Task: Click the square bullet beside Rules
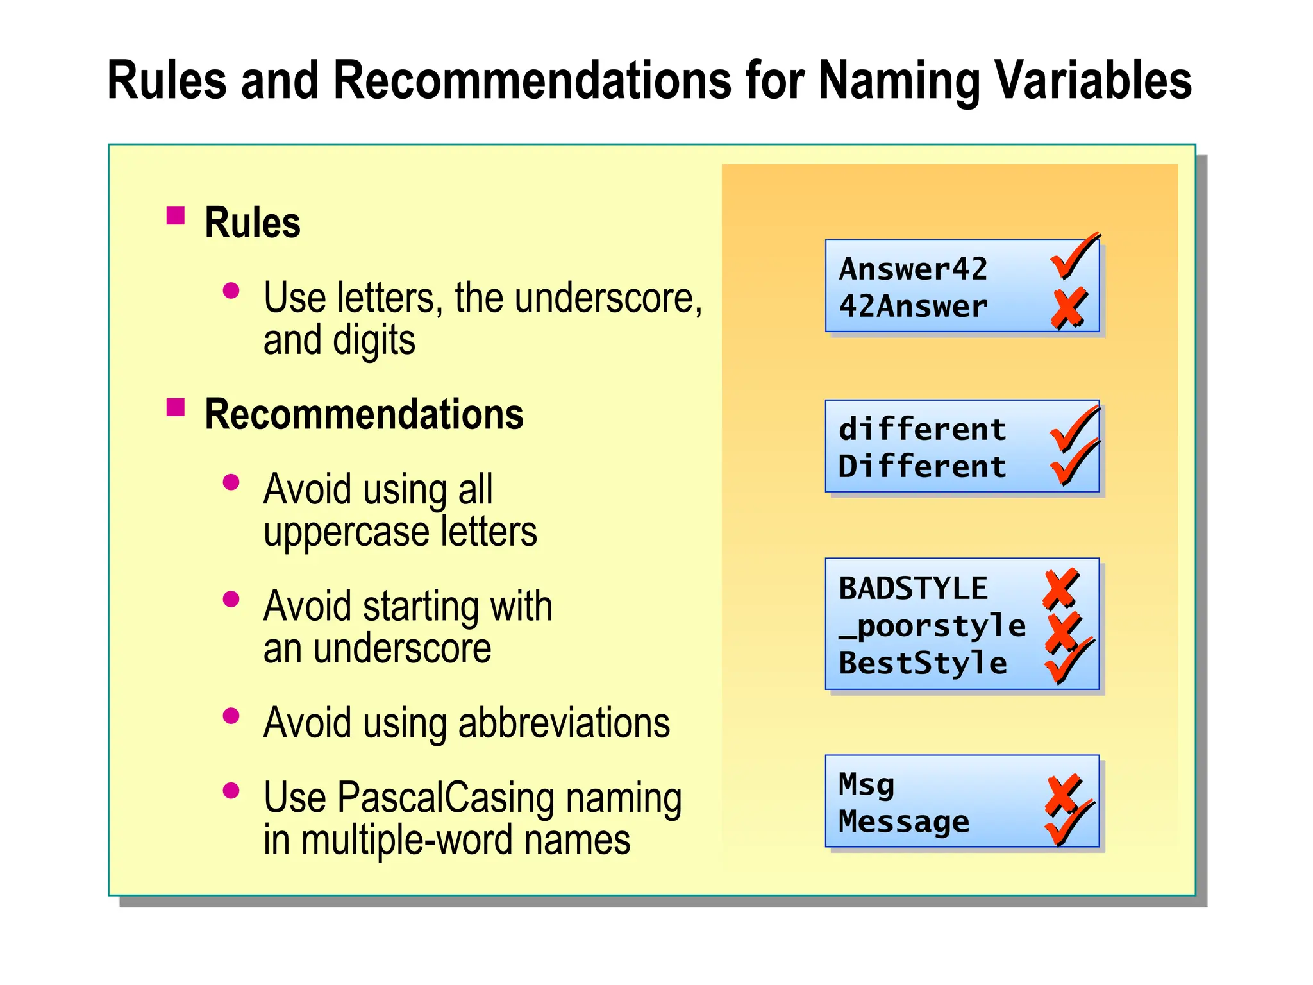click(x=175, y=215)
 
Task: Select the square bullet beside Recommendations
click(x=175, y=407)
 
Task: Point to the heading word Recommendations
click(x=364, y=414)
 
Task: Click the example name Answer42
click(x=913, y=269)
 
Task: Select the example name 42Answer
click(x=913, y=306)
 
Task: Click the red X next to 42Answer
click(x=1068, y=308)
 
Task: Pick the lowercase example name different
click(x=922, y=428)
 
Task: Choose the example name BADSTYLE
click(x=913, y=588)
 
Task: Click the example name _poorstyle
click(x=932, y=626)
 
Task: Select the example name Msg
click(x=866, y=784)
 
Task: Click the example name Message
click(x=904, y=821)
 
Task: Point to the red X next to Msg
click(x=1062, y=794)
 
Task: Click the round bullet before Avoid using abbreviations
click(x=231, y=716)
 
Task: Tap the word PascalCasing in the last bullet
click(x=446, y=798)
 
